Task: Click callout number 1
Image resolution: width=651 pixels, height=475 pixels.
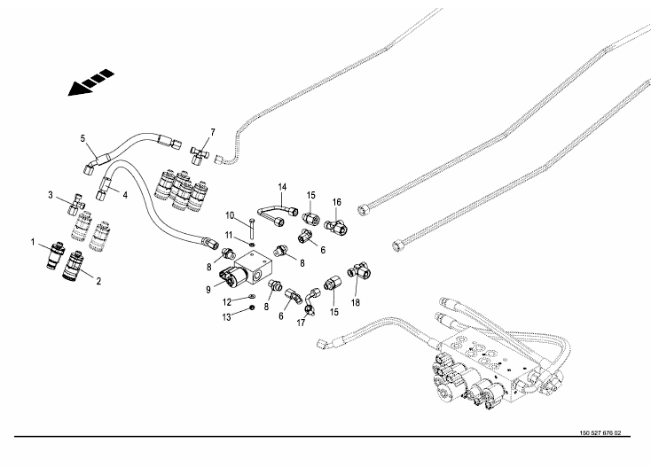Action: click(x=33, y=242)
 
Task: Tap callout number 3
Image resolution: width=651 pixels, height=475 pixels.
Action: click(x=51, y=195)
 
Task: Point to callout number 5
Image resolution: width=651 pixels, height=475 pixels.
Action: click(x=82, y=138)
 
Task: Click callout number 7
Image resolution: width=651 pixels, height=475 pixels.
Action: click(x=212, y=132)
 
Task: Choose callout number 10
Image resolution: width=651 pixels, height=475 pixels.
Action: click(x=228, y=215)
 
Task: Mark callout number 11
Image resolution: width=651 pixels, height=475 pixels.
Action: click(x=227, y=235)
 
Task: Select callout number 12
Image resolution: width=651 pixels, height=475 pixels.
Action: click(x=227, y=301)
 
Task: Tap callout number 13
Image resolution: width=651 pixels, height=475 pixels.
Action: click(x=227, y=316)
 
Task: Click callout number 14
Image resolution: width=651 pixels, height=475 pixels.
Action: click(x=283, y=186)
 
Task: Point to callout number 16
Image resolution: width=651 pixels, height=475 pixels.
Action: click(x=336, y=203)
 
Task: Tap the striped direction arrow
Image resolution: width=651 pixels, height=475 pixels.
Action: click(x=92, y=82)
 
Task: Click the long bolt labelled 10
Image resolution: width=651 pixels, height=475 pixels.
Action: click(x=253, y=227)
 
